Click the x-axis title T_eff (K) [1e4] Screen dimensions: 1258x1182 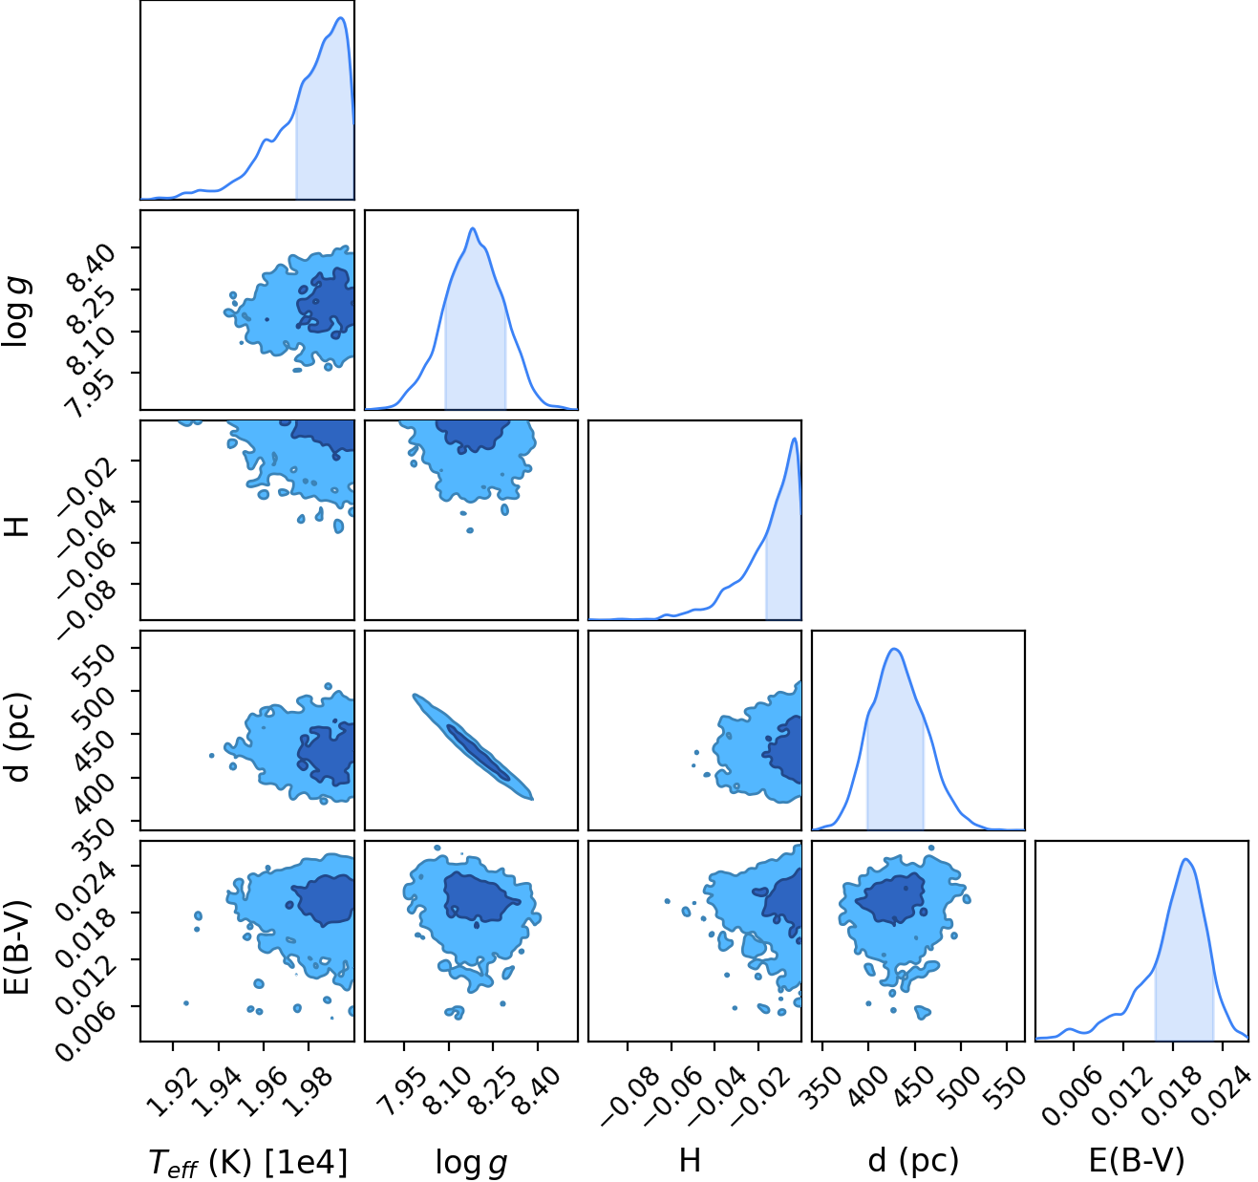coord(248,1162)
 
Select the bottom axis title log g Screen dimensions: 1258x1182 coord(471,1163)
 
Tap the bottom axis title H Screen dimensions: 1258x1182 coord(690,1160)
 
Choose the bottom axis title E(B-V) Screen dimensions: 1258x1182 coord(1137,1161)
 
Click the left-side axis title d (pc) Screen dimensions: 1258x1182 coord(20,737)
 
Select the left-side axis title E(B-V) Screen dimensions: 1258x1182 coord(19,947)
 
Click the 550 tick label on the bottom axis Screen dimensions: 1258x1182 coord(1006,1086)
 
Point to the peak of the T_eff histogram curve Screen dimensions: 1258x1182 coord(341,18)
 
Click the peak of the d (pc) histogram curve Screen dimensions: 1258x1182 coord(894,649)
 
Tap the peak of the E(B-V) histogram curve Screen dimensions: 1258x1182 coord(1185,859)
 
